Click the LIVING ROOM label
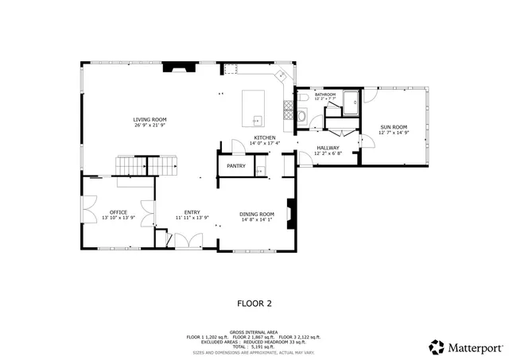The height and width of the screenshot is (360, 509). [x=150, y=119]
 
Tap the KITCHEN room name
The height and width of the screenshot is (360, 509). [x=265, y=137]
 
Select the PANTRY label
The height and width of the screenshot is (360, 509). [x=235, y=166]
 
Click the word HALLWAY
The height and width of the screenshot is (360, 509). [x=328, y=148]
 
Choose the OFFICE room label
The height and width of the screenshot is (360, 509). [x=119, y=212]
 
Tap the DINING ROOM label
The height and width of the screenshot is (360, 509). [x=257, y=213]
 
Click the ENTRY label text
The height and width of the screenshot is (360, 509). [x=192, y=212]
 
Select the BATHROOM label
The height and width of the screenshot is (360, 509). [x=325, y=95]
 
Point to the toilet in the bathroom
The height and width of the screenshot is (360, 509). [x=302, y=98]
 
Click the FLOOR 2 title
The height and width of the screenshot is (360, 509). [x=254, y=303]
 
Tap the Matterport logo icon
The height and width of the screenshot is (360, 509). [x=437, y=347]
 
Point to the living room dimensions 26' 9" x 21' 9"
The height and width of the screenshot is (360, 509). [x=150, y=125]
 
